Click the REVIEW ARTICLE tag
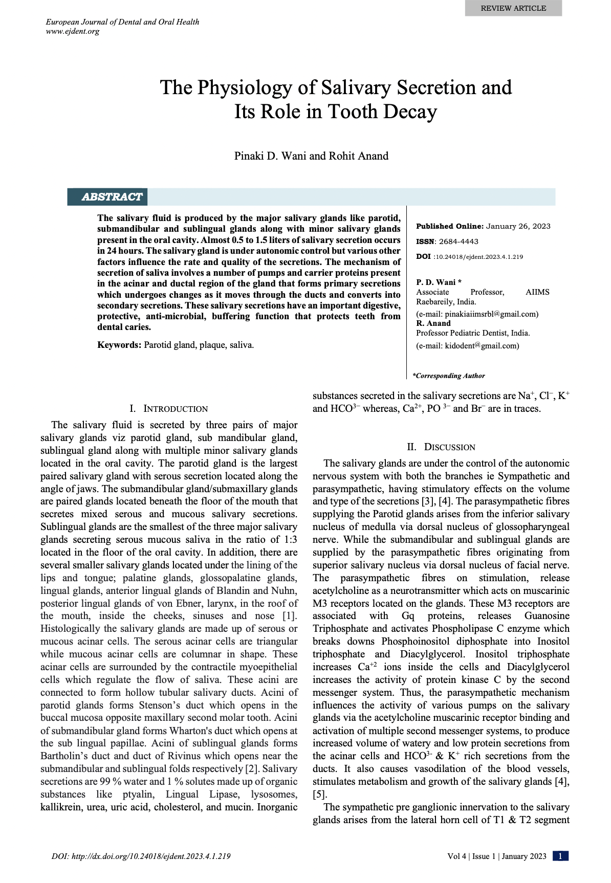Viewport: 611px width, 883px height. [x=513, y=8]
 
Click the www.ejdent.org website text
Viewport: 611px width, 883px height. [x=73, y=31]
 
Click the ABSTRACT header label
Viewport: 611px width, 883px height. [x=112, y=197]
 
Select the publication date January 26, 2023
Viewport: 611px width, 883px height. [x=518, y=226]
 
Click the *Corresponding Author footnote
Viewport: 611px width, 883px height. [x=449, y=376]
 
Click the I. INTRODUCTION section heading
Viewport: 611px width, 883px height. [x=169, y=409]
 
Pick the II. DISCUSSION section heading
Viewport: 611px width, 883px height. [x=441, y=447]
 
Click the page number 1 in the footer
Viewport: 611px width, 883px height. [x=561, y=856]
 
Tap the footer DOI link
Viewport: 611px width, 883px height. [x=141, y=856]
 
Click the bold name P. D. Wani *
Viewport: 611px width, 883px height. [x=439, y=282]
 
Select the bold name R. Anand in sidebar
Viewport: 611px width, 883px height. [x=433, y=323]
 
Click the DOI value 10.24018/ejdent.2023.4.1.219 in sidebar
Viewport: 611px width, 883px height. [x=478, y=257]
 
